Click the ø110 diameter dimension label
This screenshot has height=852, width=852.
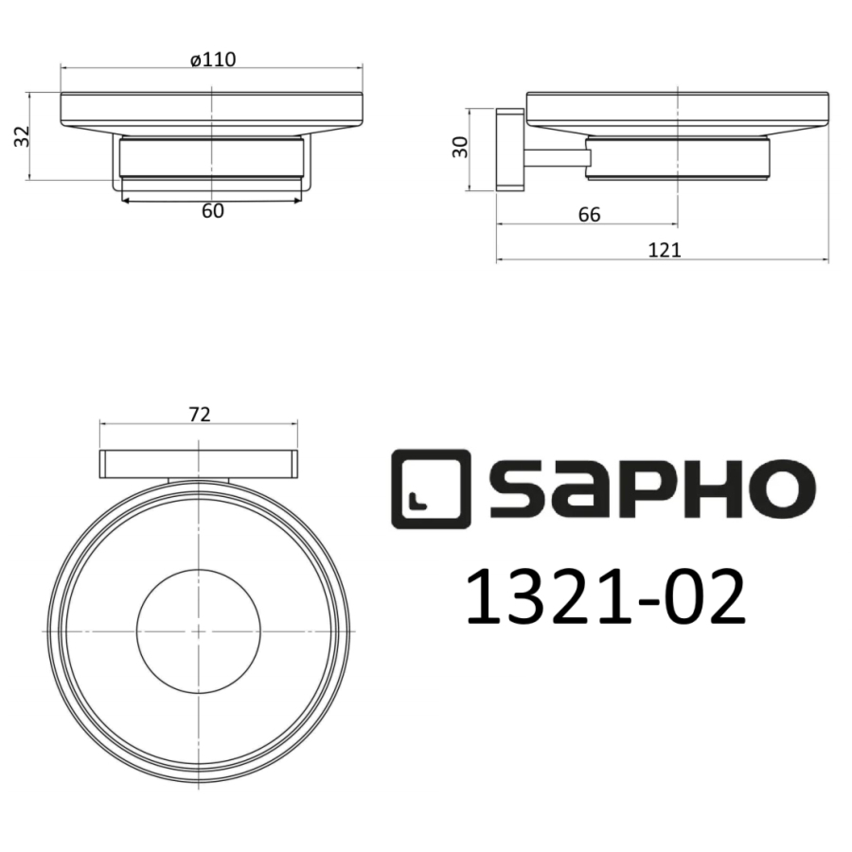pos(212,59)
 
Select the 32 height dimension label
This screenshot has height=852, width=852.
pos(21,136)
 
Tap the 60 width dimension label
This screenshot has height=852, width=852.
pos(213,211)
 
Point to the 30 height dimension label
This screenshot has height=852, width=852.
pos(461,146)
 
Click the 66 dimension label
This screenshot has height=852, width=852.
pos(589,215)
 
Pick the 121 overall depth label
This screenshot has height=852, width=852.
pos(666,250)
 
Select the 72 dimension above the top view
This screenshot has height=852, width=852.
pos(199,414)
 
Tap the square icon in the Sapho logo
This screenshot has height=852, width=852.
pos(430,485)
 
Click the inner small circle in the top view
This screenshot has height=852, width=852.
pos(199,630)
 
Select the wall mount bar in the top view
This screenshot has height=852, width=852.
pos(199,465)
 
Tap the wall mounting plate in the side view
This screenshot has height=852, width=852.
pos(508,150)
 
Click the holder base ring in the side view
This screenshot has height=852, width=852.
pos(677,159)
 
